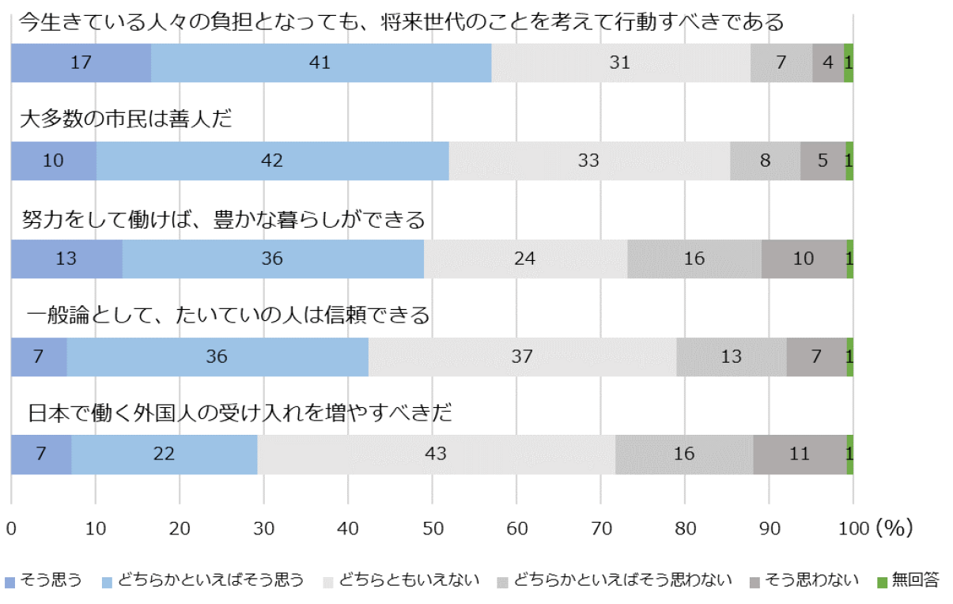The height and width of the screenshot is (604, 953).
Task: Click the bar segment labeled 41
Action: pyautogui.click(x=320, y=63)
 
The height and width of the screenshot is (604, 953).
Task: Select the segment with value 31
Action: pyautogui.click(x=620, y=63)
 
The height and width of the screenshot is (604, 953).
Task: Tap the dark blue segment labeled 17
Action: pyautogui.click(x=81, y=63)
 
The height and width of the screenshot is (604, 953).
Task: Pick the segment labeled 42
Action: pyautogui.click(x=272, y=161)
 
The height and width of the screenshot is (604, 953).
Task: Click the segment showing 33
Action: pyautogui.click(x=588, y=161)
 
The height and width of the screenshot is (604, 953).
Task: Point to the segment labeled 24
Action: pyautogui.click(x=525, y=259)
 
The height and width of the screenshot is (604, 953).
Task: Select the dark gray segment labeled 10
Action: pyautogui.click(x=804, y=259)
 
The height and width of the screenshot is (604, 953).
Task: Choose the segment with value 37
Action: pyautogui.click(x=522, y=357)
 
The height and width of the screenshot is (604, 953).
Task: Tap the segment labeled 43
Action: pyautogui.click(x=436, y=455)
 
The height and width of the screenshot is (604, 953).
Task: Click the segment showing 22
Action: pyautogui.click(x=165, y=455)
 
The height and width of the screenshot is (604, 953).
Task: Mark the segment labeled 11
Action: pyautogui.click(x=800, y=455)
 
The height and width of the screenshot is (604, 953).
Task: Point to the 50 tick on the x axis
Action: pyautogui.click(x=432, y=528)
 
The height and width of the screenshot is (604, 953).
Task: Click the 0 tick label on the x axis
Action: pyautogui.click(x=11, y=528)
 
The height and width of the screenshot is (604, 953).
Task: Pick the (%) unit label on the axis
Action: pyautogui.click(x=894, y=528)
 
